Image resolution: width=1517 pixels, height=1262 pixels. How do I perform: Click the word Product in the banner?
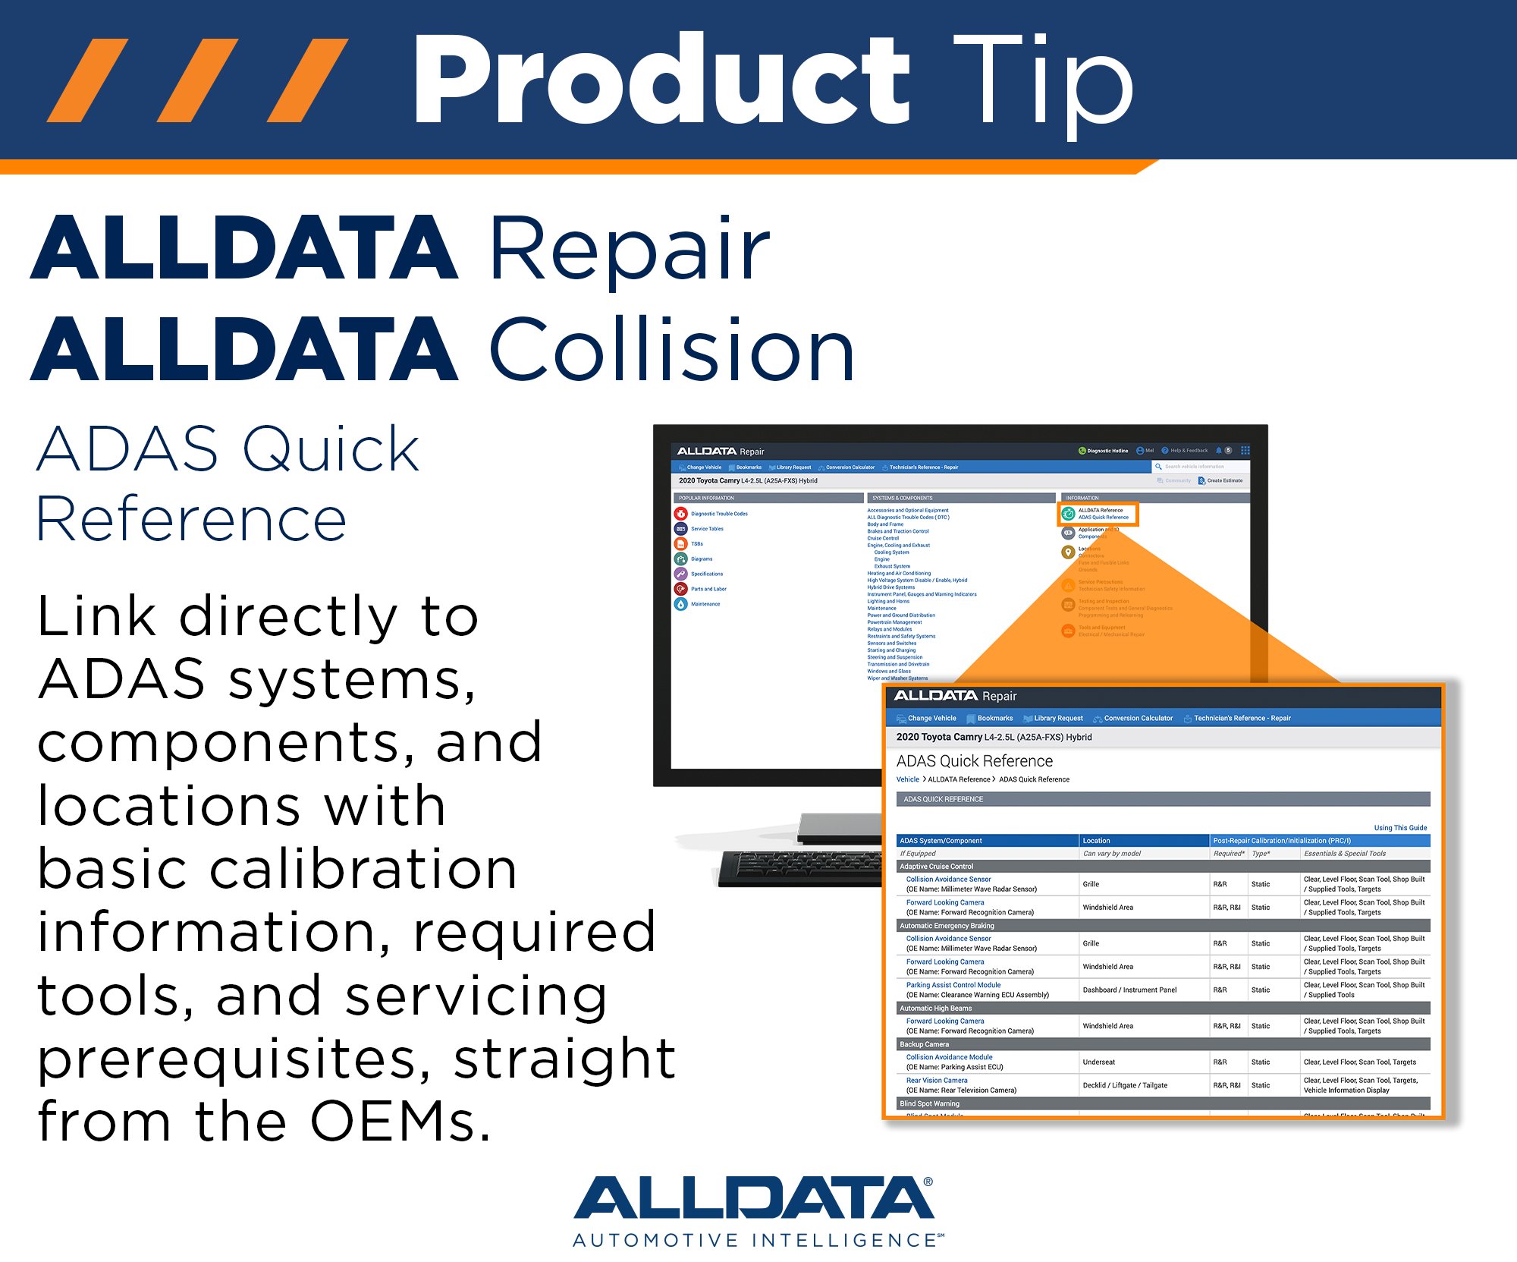(x=660, y=80)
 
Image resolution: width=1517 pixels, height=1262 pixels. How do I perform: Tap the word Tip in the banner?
(x=1043, y=80)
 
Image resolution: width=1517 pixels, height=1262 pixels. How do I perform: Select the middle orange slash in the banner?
(x=197, y=80)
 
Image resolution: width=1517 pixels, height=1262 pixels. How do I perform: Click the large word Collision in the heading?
(x=672, y=349)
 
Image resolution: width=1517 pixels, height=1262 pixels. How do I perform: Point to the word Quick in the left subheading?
(x=331, y=449)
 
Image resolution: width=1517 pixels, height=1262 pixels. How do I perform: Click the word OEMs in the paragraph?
(x=400, y=1121)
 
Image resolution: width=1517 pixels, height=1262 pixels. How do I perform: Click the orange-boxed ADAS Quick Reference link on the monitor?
(x=1104, y=518)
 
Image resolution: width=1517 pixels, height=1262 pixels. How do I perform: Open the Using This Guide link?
(x=1400, y=828)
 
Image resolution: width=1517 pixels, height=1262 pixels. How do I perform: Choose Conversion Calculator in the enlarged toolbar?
(x=1138, y=718)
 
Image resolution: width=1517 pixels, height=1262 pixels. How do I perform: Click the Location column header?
(x=1096, y=841)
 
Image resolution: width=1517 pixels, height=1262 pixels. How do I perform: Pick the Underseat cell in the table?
(x=1098, y=1062)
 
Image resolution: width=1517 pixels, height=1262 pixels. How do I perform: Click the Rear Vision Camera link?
(x=937, y=1081)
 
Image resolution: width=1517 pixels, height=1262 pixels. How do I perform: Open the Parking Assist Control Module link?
(x=953, y=985)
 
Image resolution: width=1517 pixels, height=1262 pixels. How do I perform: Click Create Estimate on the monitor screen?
(x=1224, y=480)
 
